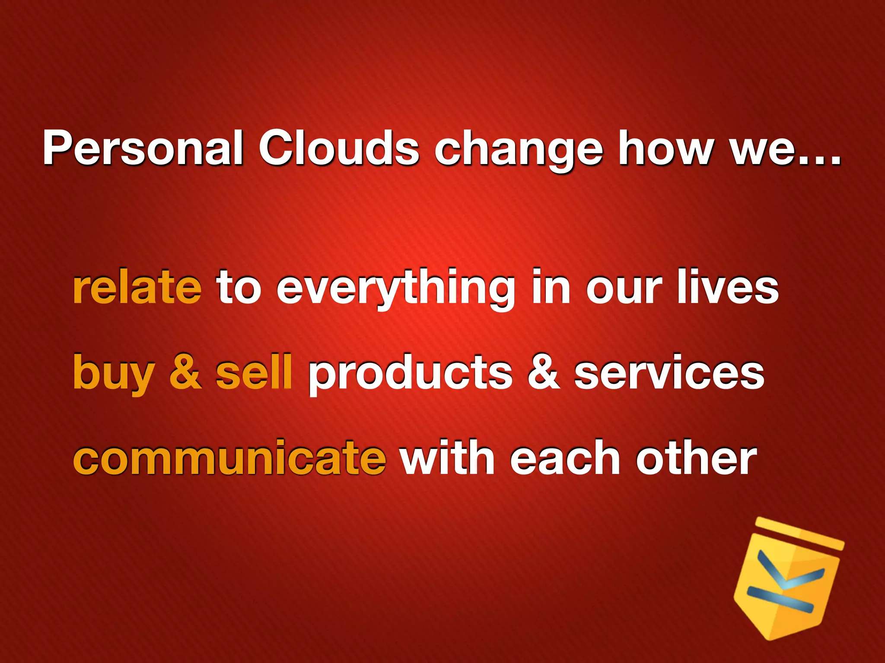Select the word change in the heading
click(x=518, y=151)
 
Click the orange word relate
click(x=137, y=287)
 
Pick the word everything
click(x=396, y=289)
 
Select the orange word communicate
click(x=229, y=458)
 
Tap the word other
click(x=696, y=458)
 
